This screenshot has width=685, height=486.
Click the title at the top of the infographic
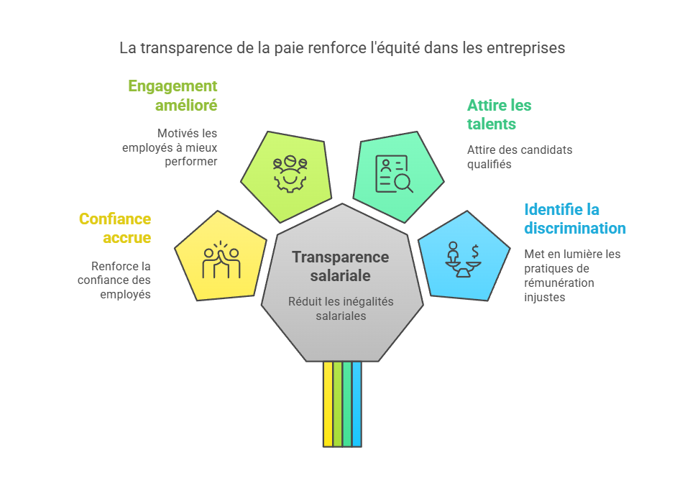(x=342, y=48)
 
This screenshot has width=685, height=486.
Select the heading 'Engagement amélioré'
(x=173, y=96)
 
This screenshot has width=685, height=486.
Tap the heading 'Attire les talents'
(x=500, y=114)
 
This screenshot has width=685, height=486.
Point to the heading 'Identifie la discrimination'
(x=574, y=219)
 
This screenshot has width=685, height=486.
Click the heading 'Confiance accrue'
(x=115, y=228)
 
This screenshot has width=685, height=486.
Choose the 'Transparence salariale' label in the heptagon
(x=341, y=266)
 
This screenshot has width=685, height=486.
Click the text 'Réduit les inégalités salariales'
(x=341, y=308)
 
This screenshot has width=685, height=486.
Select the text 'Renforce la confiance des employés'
(x=115, y=280)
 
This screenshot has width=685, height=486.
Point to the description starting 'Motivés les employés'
(x=180, y=147)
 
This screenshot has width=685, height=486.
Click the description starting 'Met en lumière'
(x=572, y=275)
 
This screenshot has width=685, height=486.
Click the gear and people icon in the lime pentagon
(x=290, y=173)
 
